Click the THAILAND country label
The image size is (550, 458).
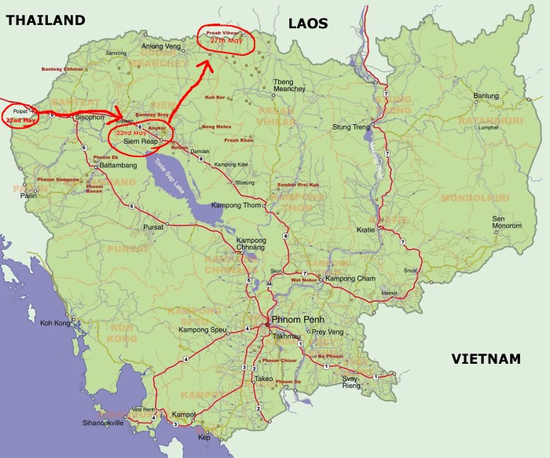click(45, 20)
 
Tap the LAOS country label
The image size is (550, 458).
click(307, 23)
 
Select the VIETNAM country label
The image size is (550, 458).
click(486, 359)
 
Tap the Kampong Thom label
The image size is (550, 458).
click(236, 205)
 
